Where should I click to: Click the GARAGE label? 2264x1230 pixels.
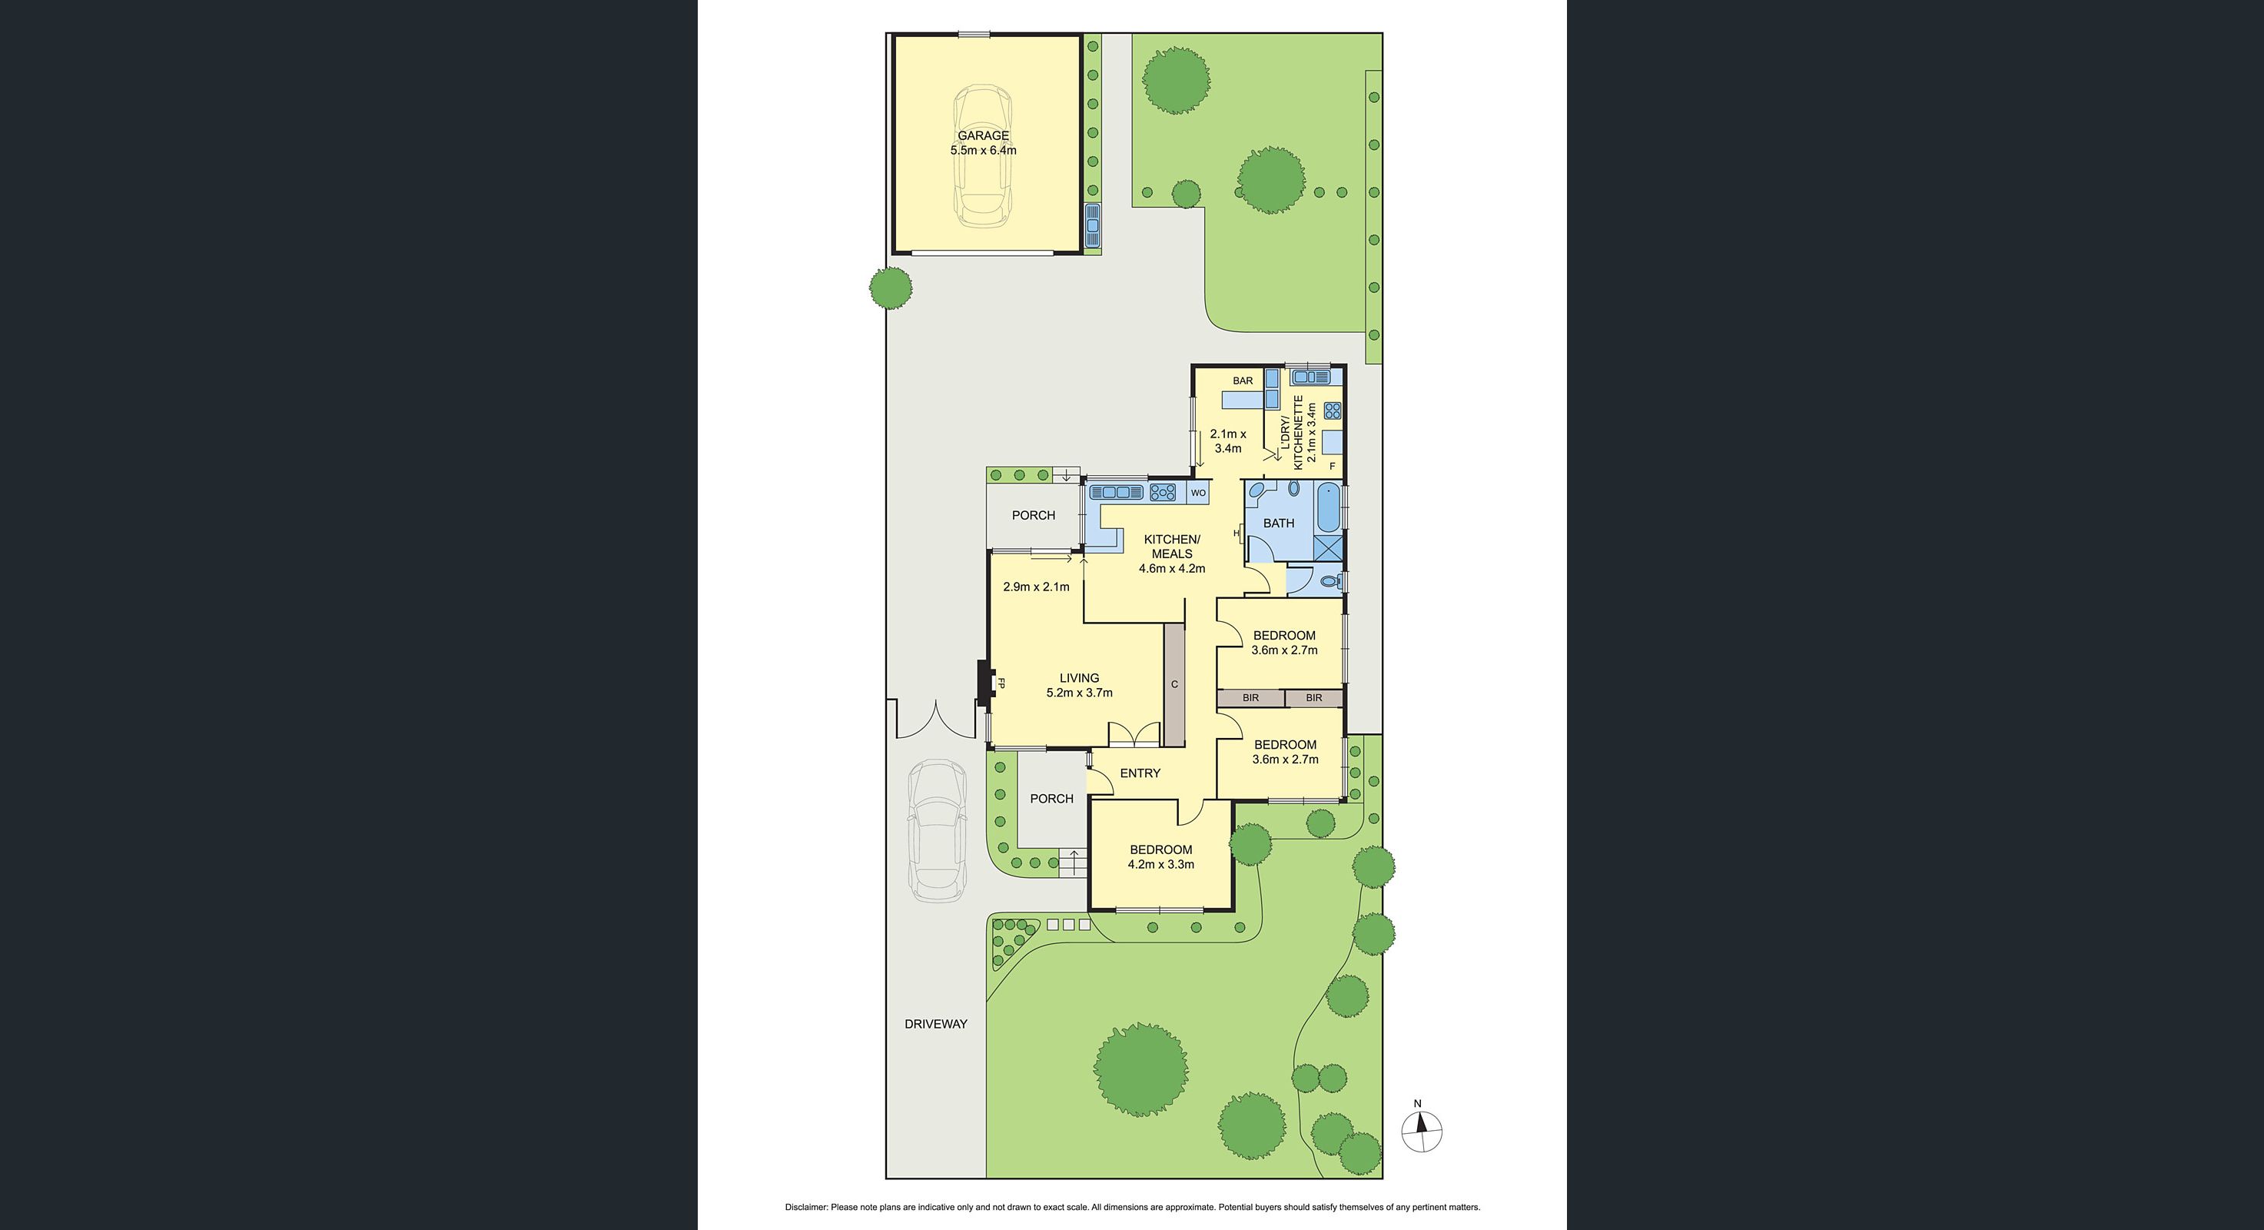(983, 135)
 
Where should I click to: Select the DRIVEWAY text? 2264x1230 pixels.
(936, 1023)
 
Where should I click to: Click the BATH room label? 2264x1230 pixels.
(1278, 523)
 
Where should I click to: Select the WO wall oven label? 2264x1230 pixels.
(1198, 494)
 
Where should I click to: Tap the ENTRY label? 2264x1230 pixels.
(1140, 773)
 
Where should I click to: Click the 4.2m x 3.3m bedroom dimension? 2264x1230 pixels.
(1161, 864)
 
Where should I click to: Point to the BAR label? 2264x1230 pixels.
(1243, 381)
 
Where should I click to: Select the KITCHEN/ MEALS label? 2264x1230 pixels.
(1171, 546)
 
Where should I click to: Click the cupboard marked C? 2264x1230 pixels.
(1174, 684)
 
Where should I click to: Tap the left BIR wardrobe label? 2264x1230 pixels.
(1250, 698)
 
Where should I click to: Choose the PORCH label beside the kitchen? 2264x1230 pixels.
(1034, 515)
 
